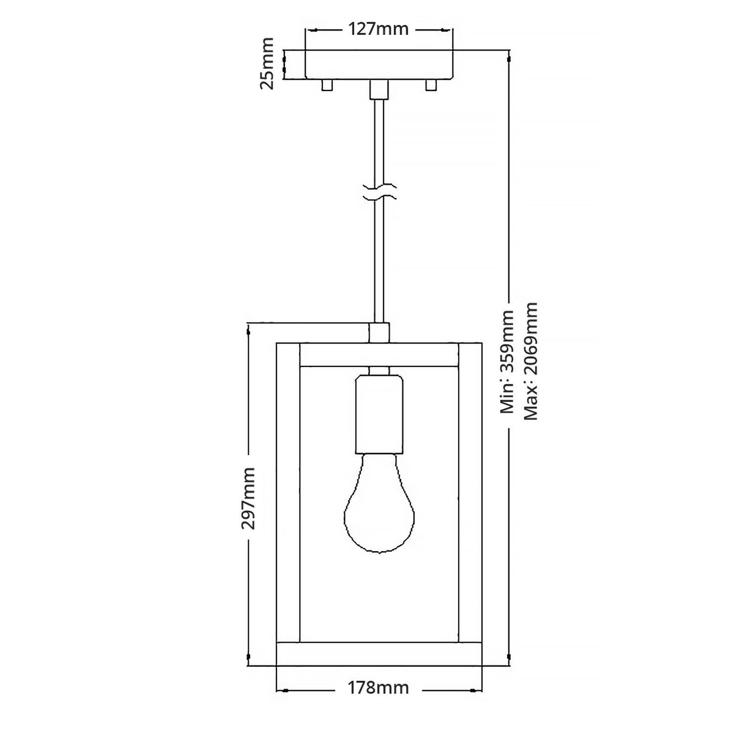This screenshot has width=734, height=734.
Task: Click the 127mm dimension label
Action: [378, 29]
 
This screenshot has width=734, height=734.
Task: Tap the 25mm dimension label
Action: [267, 64]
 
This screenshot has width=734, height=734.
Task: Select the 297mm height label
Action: [248, 498]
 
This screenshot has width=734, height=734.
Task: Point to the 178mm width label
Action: [378, 688]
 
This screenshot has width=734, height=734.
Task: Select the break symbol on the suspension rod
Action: [379, 192]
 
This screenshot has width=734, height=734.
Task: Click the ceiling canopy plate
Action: [379, 64]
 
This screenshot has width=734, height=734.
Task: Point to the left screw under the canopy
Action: [326, 85]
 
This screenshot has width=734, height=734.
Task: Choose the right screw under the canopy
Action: [431, 85]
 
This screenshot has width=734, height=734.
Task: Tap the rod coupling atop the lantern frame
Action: [379, 332]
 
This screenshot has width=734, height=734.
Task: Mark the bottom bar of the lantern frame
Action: [379, 654]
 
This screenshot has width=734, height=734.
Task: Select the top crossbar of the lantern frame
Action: [379, 355]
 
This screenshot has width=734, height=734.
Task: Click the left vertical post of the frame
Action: [288, 494]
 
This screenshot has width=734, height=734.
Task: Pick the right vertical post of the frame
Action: [470, 494]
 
